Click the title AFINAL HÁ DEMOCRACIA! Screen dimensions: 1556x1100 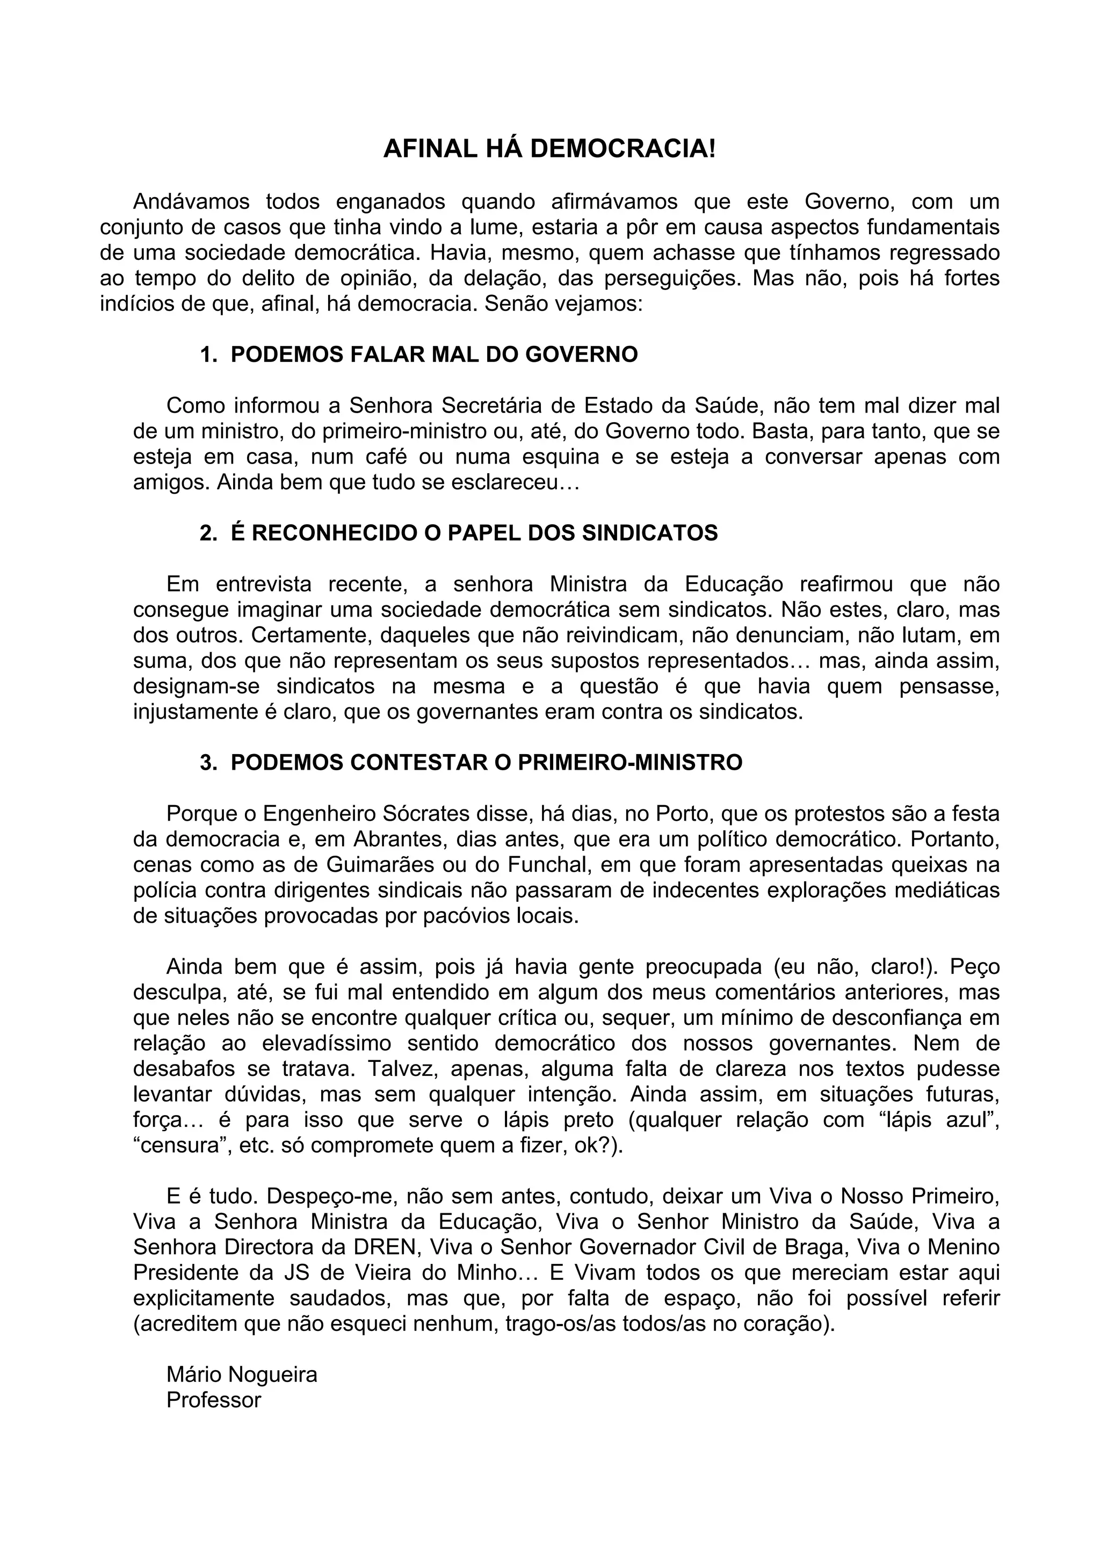(x=549, y=148)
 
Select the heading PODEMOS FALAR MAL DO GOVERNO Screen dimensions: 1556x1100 (x=434, y=354)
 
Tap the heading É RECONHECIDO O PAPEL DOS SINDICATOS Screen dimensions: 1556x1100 (x=474, y=533)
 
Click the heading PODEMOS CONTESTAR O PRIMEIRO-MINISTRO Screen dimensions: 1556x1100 (x=486, y=762)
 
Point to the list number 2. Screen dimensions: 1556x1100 (x=207, y=533)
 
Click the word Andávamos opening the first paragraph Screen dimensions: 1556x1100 (x=191, y=201)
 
